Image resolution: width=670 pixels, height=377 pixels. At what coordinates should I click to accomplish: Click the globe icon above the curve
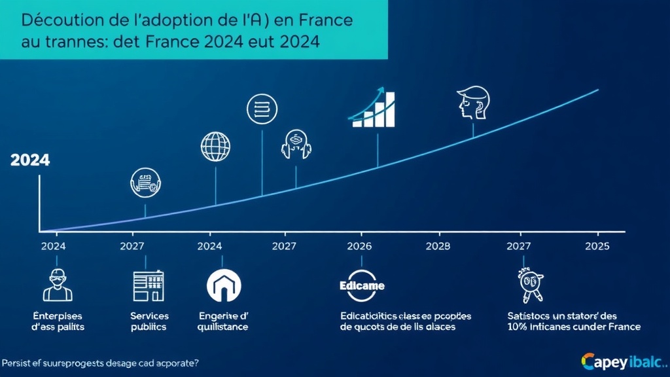216,147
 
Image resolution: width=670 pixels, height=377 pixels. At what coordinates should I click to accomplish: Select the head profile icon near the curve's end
472,103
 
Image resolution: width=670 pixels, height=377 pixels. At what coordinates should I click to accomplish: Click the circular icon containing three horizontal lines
262,109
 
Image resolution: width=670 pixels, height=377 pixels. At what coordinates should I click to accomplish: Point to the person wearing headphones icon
295,144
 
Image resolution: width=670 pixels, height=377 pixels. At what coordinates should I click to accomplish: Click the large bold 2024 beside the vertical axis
30,160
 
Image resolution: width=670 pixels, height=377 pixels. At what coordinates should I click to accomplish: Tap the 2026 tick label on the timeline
359,247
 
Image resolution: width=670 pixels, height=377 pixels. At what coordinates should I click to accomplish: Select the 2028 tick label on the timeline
438,247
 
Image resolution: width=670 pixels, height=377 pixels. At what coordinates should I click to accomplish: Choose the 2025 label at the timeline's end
596,247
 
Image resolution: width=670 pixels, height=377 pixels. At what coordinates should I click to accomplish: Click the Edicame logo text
362,286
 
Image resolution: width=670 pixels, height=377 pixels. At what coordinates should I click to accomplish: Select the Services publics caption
149,321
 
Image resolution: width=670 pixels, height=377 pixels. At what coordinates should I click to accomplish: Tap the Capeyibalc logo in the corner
622,361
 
